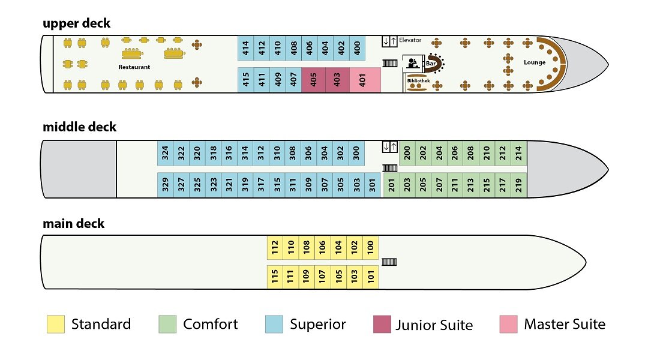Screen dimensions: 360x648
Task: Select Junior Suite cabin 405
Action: pyautogui.click(x=313, y=80)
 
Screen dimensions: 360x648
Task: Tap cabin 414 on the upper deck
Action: pyautogui.click(x=245, y=47)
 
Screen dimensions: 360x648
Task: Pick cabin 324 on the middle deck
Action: pyautogui.click(x=165, y=154)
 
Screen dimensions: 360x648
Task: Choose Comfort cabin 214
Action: pyautogui.click(x=519, y=154)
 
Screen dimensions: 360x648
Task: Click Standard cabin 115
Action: pyautogui.click(x=274, y=277)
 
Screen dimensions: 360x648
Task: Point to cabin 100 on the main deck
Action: pyautogui.click(x=370, y=247)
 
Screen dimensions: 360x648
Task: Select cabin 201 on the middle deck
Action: pyautogui.click(x=391, y=185)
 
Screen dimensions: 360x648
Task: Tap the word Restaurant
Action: pyautogui.click(x=134, y=67)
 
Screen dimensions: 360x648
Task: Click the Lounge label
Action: pyautogui.click(x=534, y=62)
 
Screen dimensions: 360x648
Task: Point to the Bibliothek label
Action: pyautogui.click(x=418, y=80)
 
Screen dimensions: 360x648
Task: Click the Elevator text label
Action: pyautogui.click(x=410, y=40)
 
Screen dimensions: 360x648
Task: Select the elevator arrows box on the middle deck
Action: pyautogui.click(x=389, y=147)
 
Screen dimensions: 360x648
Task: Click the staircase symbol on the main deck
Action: pyautogui.click(x=389, y=262)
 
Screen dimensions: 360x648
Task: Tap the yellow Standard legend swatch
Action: pyautogui.click(x=55, y=325)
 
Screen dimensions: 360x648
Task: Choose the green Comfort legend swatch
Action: pyautogui.click(x=167, y=325)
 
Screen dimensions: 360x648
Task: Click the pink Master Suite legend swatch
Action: pyautogui.click(x=508, y=325)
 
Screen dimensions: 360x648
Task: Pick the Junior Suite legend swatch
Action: pyautogui.click(x=382, y=325)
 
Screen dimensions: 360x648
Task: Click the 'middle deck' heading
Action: pyautogui.click(x=79, y=127)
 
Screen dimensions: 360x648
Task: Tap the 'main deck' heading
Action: pyautogui.click(x=73, y=224)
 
